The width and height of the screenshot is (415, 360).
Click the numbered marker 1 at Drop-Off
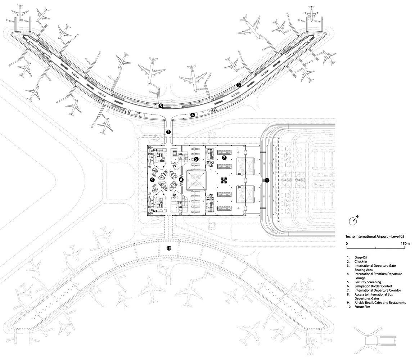[x=267, y=180]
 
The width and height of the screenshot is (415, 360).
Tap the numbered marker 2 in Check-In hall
[x=224, y=158]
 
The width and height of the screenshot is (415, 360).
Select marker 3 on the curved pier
[x=239, y=85]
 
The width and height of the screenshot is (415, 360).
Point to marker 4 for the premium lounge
[x=193, y=115]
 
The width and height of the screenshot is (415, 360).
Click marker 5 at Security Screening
[x=196, y=159]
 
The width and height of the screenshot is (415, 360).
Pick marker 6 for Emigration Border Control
[x=181, y=179]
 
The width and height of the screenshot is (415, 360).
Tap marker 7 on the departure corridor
[x=168, y=132]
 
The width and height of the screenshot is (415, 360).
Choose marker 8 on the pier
[x=161, y=106]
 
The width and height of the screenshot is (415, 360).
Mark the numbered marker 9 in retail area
[x=152, y=179]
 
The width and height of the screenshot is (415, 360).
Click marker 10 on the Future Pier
[x=169, y=248]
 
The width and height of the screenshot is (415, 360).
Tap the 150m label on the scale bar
[x=404, y=244]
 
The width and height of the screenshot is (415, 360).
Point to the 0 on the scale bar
[x=347, y=244]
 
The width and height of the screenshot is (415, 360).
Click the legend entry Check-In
[x=360, y=261]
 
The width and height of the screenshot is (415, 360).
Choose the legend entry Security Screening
[x=367, y=282]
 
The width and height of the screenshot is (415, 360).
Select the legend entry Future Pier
[x=362, y=307]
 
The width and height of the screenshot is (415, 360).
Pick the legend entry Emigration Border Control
[x=373, y=286]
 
